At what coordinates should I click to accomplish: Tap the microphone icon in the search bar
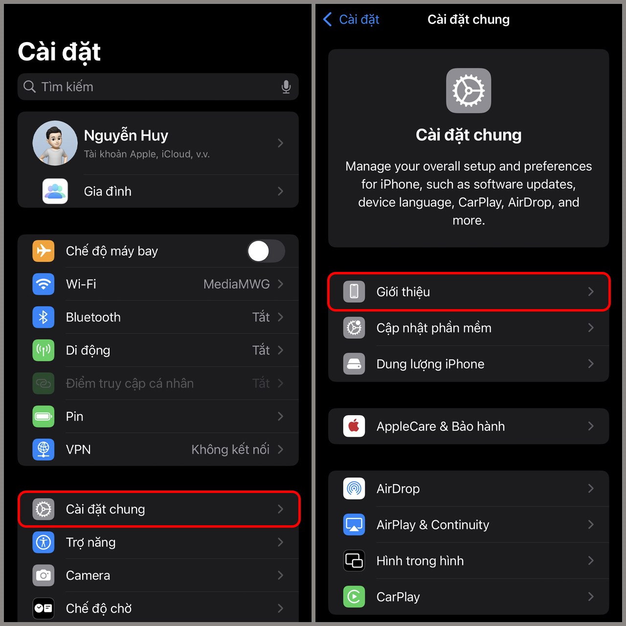tap(286, 87)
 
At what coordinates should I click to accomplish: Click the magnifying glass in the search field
tap(29, 87)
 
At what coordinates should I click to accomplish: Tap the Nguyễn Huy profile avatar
tap(55, 143)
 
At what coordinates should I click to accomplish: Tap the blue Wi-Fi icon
tap(43, 284)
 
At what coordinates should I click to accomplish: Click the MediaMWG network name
tap(237, 284)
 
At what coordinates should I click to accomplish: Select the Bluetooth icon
tap(43, 317)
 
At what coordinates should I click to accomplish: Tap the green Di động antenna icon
tap(43, 350)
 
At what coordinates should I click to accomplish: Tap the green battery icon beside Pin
tap(43, 417)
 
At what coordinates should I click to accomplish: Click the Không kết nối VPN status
tap(230, 449)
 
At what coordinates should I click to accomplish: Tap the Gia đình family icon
tap(55, 191)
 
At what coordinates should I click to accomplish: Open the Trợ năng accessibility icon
tap(43, 542)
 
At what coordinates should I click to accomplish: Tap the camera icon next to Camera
tap(43, 575)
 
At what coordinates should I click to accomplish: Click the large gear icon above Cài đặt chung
tap(469, 90)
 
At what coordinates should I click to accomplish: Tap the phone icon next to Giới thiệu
tap(354, 291)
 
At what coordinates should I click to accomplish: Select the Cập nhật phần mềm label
tap(434, 328)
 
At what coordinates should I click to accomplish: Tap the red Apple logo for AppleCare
tap(354, 426)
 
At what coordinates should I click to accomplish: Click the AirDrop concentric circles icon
tap(354, 488)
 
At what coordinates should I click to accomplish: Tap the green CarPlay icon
tap(354, 597)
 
